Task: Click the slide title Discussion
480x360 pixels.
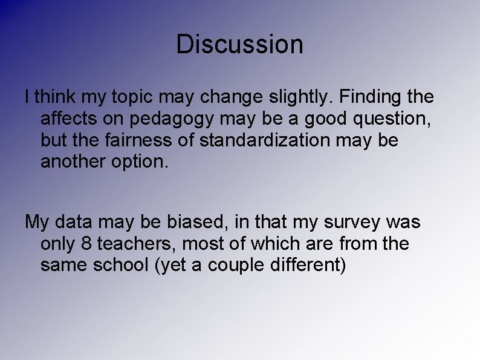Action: (239, 44)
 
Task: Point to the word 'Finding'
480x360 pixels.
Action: (368, 97)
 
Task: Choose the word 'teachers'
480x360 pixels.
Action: (135, 244)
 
